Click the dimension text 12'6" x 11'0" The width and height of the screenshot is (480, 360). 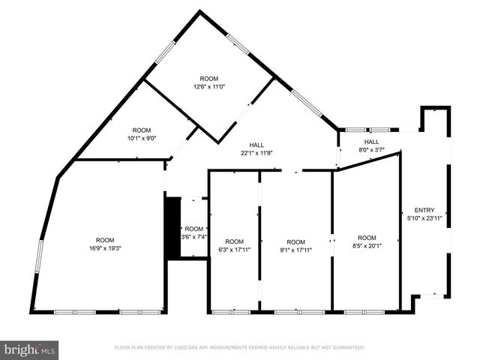[209, 86]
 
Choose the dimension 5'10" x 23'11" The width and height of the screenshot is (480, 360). [424, 218]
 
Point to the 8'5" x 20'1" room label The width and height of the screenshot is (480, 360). [367, 246]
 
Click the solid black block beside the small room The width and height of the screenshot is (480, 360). [172, 229]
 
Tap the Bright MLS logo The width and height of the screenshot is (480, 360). [30, 349]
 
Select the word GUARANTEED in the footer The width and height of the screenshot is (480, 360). [346, 348]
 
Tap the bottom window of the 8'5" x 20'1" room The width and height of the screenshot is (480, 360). [365, 311]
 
